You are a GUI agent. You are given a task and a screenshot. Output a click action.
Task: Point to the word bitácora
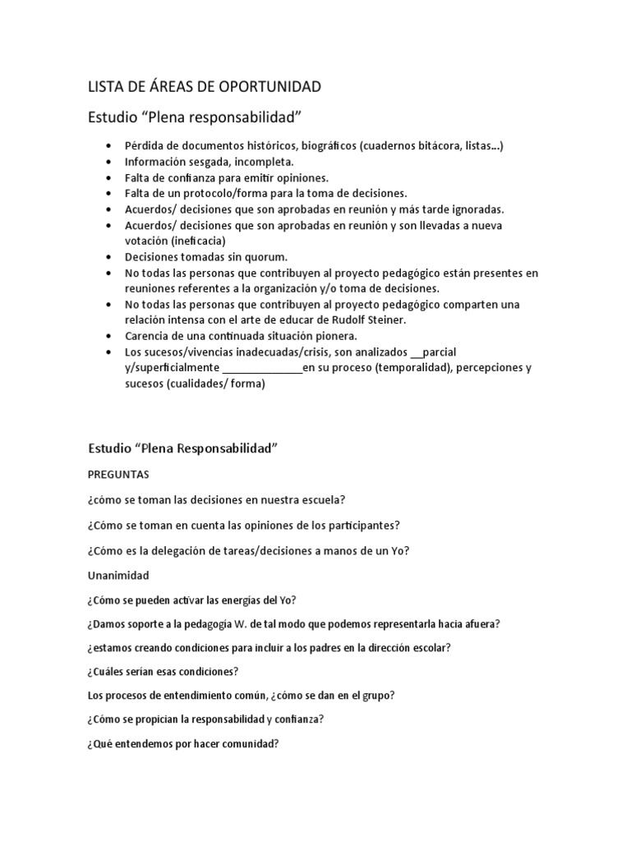tap(423, 146)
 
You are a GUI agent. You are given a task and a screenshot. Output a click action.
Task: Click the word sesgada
tap(202, 162)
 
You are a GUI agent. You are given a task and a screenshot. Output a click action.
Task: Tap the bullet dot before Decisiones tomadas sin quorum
tap(109, 257)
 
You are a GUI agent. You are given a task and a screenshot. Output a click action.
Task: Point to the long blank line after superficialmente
tap(262, 368)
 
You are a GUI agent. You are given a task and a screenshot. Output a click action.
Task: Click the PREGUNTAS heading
tap(118, 475)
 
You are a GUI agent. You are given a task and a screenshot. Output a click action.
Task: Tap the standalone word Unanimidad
tap(118, 576)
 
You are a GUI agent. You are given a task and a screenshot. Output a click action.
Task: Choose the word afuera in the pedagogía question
tap(478, 623)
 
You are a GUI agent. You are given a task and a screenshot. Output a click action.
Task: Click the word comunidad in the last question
tap(246, 744)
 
